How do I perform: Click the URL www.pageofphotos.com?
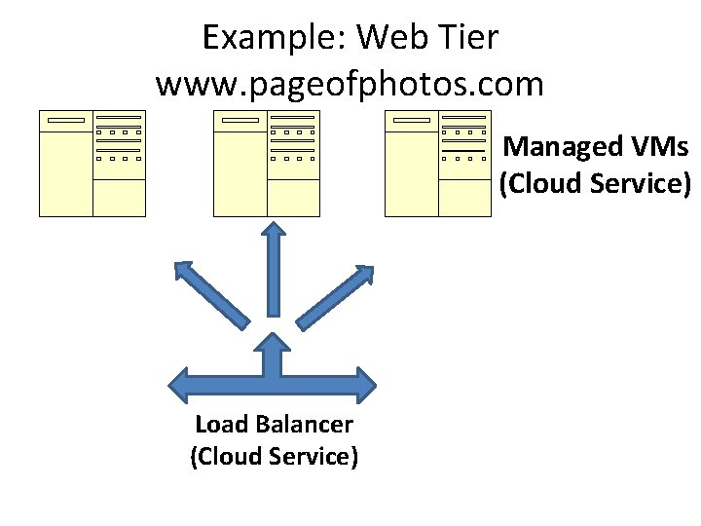(350, 85)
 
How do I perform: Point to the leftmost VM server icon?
(92, 163)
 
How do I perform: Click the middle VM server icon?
(267, 163)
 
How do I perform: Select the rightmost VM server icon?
(438, 163)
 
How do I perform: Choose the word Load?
(221, 425)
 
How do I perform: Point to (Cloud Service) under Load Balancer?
(275, 457)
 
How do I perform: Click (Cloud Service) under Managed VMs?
(595, 184)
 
